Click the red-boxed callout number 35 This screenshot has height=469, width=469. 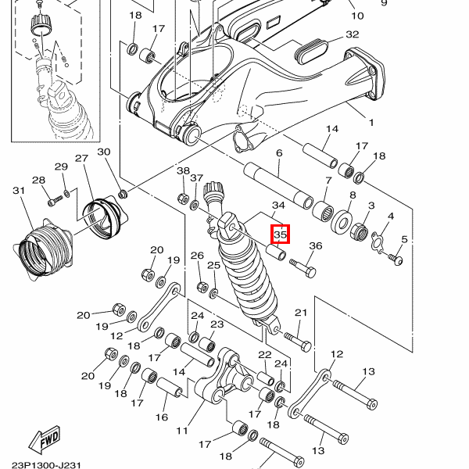tap(281, 234)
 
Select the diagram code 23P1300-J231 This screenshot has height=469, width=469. tap(46, 465)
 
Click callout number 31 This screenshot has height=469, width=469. tap(19, 191)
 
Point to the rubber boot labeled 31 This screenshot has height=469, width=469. tap(42, 250)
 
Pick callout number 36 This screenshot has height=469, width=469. tap(316, 246)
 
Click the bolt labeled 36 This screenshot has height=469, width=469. tap(303, 268)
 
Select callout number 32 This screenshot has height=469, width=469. tap(352, 34)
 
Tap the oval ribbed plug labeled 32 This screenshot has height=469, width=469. tap(311, 51)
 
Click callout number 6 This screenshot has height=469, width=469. tap(279, 153)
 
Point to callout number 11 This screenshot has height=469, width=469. tap(182, 431)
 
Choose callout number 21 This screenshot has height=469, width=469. tap(301, 313)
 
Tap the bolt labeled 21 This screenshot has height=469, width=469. tap(298, 342)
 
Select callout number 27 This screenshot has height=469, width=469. tap(81, 159)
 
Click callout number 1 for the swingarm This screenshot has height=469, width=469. tap(371, 123)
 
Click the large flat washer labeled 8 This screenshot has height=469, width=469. tap(342, 222)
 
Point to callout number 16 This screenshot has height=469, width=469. tap(162, 417)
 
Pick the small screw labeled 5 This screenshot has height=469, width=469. tap(396, 259)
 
